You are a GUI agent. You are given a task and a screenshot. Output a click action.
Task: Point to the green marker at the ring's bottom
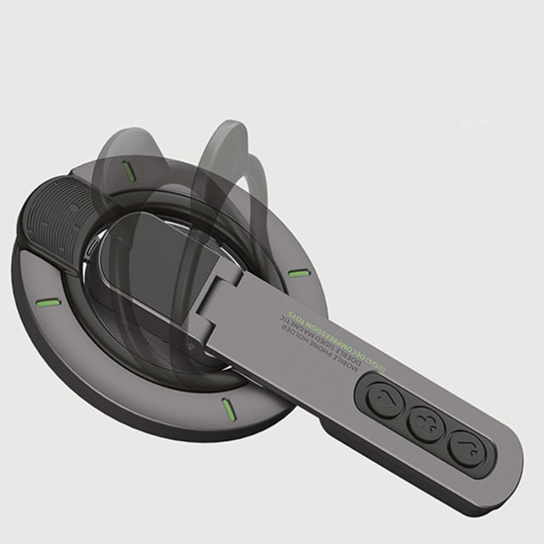tap(227, 407)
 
